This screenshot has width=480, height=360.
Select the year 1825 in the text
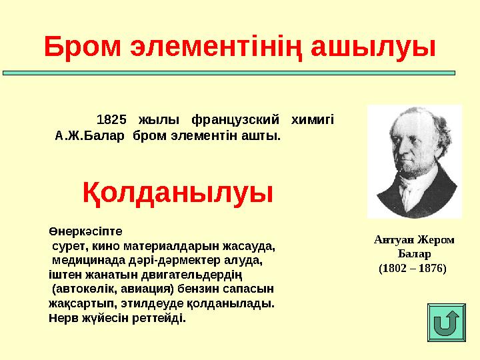[111, 121]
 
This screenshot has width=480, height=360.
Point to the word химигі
[312, 121]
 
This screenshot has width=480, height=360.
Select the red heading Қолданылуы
[178, 193]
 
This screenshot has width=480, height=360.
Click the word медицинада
[88, 260]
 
